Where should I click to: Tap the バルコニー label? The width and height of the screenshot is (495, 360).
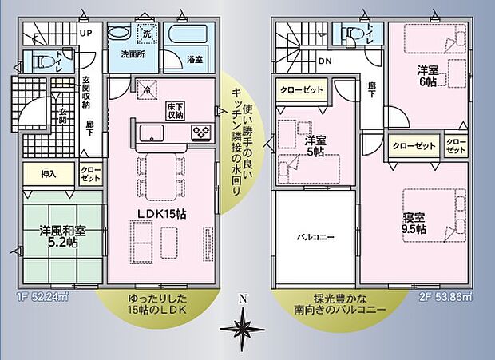[315, 237]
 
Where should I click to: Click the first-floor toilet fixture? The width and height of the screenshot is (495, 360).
[46, 61]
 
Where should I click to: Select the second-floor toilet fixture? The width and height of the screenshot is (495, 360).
[352, 33]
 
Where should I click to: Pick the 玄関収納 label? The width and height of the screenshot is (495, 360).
[85, 92]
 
